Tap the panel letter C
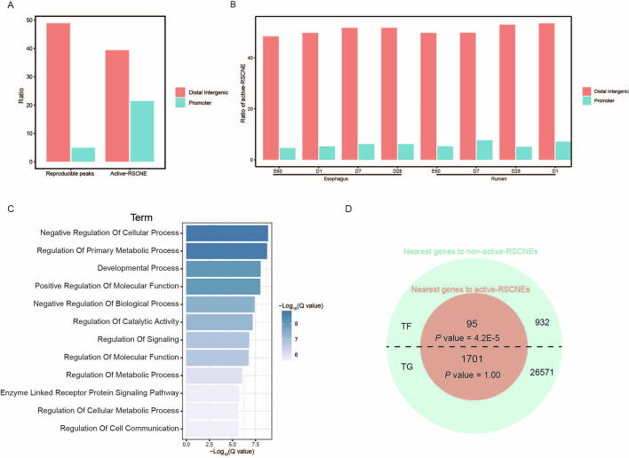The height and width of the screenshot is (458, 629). [10, 209]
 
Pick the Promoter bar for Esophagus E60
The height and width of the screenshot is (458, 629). [287, 154]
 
